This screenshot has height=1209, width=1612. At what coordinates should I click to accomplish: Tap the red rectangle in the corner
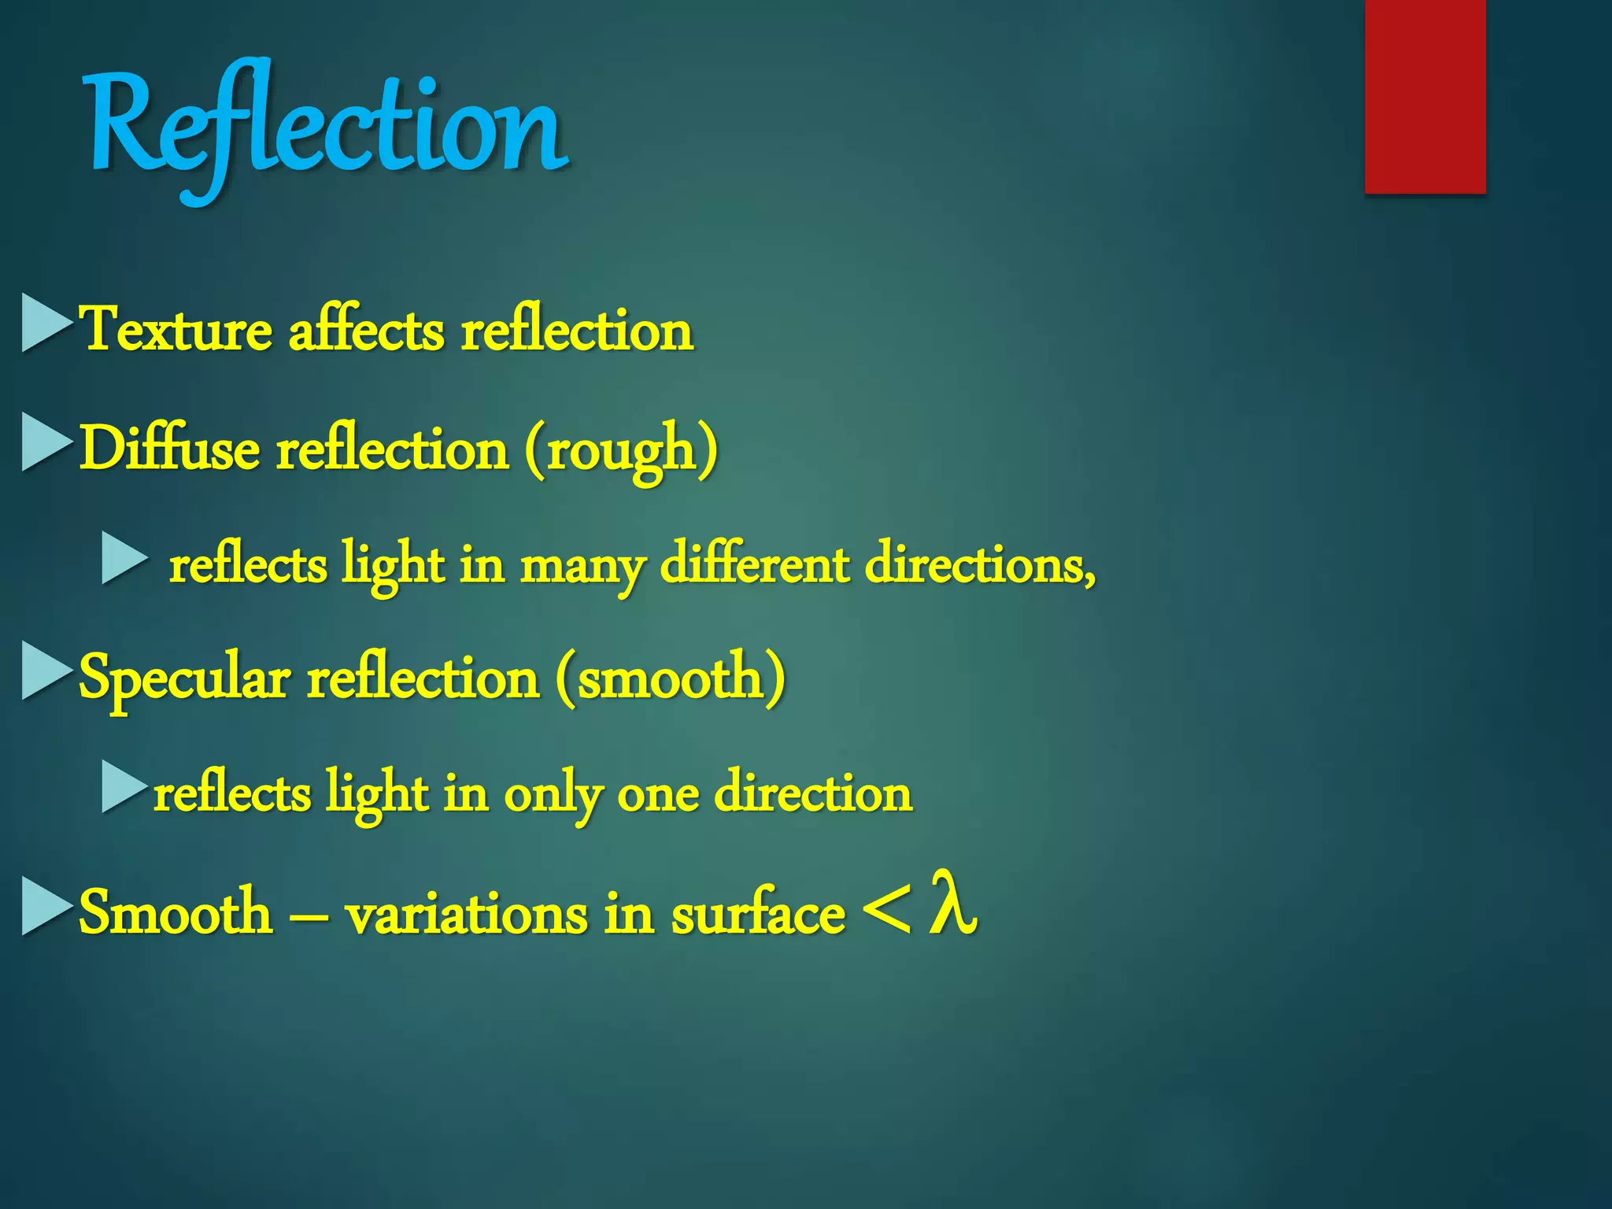click(1425, 96)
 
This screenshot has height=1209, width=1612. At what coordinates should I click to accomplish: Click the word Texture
click(177, 330)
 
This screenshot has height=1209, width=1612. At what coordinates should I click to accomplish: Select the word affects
click(367, 330)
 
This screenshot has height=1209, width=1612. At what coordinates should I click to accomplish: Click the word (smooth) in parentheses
click(670, 678)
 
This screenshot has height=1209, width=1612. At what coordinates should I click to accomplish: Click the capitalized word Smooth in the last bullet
click(175, 912)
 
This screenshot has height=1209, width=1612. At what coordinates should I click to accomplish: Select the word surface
click(758, 913)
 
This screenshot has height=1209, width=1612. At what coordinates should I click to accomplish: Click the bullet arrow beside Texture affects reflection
click(46, 323)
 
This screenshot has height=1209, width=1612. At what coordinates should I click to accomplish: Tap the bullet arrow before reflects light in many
click(124, 558)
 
